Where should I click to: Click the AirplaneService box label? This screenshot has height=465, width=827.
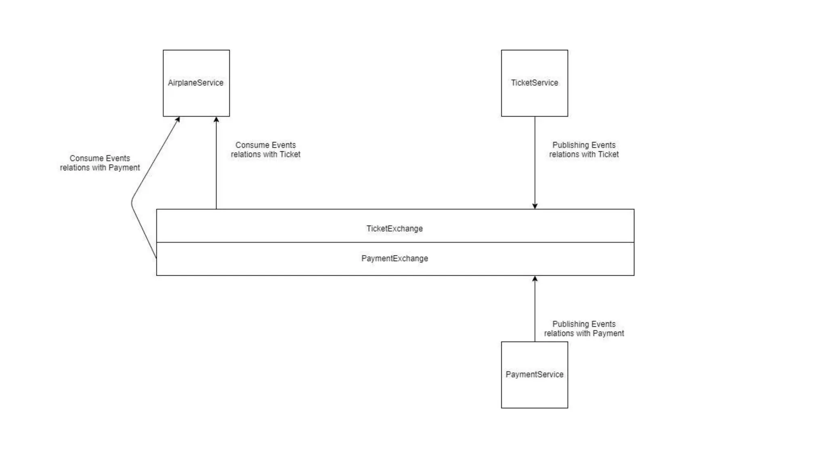click(x=195, y=83)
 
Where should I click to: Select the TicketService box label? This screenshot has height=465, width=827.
click(x=534, y=83)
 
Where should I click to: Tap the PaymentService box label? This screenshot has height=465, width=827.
click(x=534, y=374)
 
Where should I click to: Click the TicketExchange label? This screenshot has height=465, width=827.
click(x=395, y=228)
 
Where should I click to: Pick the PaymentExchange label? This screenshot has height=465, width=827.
click(x=395, y=258)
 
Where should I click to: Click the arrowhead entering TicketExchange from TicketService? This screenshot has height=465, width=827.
click(x=535, y=206)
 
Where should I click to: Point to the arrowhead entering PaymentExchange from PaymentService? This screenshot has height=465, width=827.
click(x=535, y=279)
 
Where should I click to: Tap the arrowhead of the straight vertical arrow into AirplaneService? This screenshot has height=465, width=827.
click(x=216, y=120)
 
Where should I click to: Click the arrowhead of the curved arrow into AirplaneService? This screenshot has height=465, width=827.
click(x=178, y=120)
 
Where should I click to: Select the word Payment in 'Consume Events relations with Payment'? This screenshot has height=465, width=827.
click(x=124, y=168)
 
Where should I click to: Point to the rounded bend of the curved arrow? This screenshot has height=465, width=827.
click(x=132, y=203)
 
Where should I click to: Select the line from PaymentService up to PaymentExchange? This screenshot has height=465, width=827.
click(x=535, y=311)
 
